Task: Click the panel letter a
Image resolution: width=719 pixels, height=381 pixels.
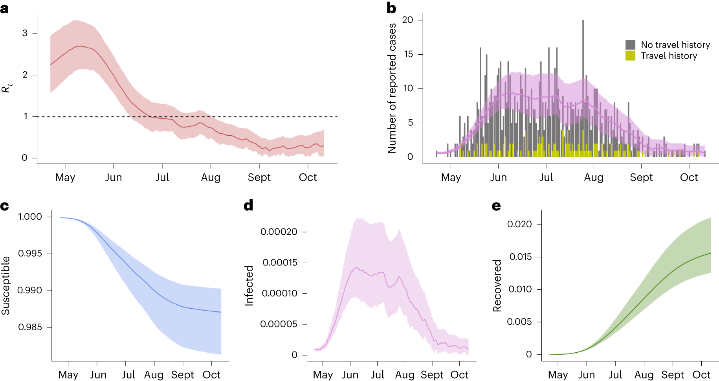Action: point(4,9)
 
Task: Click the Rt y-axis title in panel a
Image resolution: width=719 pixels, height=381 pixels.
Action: point(7,88)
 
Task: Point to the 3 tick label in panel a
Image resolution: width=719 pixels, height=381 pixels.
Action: point(25,33)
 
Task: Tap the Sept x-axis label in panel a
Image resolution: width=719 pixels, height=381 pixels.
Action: point(259,177)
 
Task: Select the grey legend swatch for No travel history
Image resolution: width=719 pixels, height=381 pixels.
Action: point(630,44)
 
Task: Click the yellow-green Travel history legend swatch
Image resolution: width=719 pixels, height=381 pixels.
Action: point(630,55)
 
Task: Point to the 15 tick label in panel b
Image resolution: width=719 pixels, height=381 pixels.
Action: point(408,54)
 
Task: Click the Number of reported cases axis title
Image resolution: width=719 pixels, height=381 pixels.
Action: point(392,88)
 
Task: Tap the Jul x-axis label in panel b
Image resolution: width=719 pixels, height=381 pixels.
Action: point(546,177)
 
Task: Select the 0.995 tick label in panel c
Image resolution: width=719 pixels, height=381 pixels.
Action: point(30,253)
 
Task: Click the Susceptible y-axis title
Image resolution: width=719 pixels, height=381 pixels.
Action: point(6,285)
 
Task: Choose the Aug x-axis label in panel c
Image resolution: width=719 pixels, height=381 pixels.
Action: point(154,375)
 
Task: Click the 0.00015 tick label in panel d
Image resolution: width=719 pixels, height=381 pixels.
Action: point(280,262)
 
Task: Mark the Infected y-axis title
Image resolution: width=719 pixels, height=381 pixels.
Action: point(249,285)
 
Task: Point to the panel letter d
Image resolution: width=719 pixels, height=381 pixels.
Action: point(248,205)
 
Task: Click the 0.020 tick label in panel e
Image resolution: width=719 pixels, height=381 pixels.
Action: point(519,224)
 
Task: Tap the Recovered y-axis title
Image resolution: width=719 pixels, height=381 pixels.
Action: point(497,285)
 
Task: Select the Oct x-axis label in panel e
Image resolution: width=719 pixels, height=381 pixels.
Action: point(701,375)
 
